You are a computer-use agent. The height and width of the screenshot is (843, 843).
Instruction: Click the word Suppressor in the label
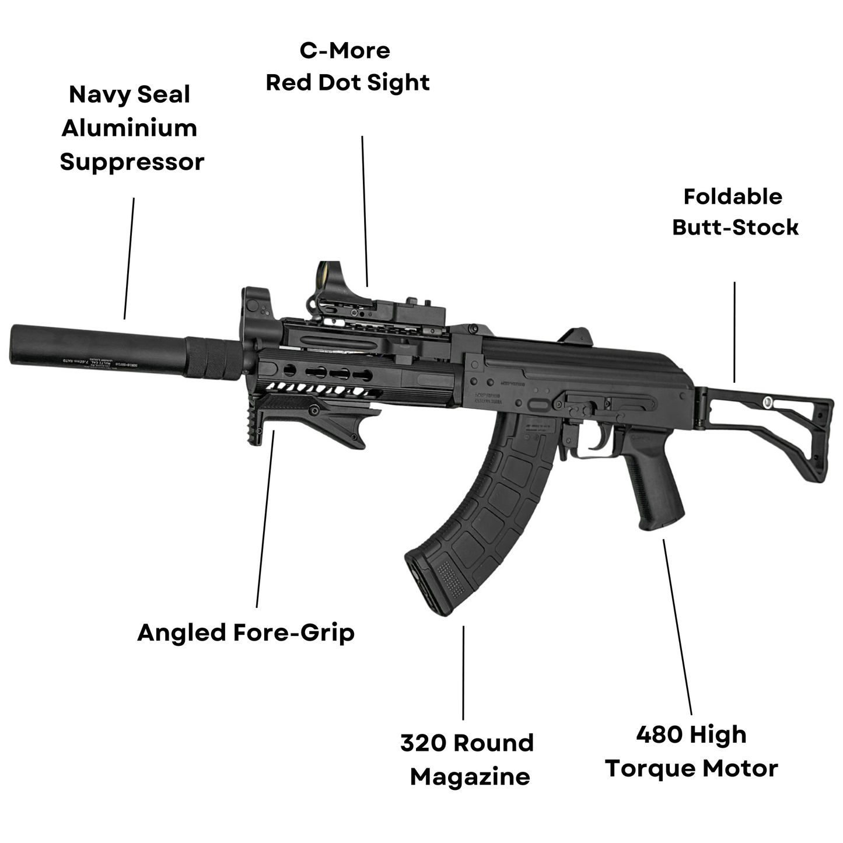pos(132,162)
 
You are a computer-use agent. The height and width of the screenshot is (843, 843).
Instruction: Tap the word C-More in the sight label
pos(345,51)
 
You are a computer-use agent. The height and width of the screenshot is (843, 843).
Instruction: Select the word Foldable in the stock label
pos(733,197)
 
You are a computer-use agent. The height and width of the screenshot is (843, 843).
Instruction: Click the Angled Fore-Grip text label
pos(246,633)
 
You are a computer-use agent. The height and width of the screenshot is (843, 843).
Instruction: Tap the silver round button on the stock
pos(768,401)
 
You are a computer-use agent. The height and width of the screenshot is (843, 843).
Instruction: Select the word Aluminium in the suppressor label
pos(130,128)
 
